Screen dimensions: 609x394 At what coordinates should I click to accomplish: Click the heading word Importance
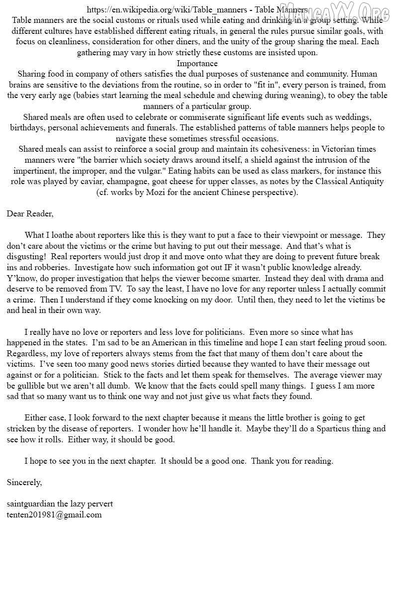197,63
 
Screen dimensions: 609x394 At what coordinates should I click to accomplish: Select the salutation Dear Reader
30,214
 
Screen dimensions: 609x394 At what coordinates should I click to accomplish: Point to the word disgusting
26,246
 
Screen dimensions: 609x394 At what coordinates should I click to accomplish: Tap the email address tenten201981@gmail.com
54,515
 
